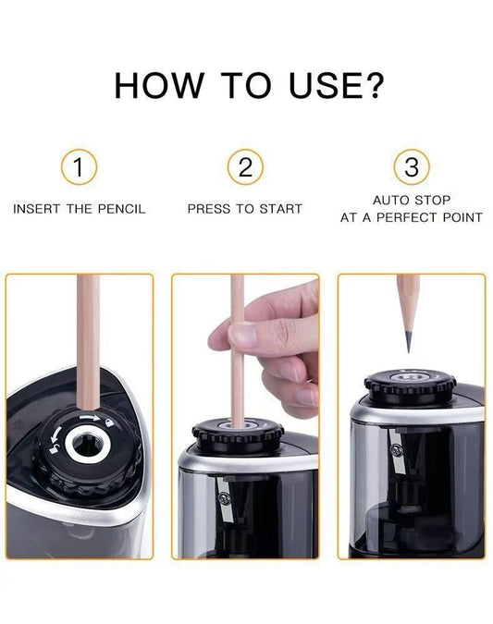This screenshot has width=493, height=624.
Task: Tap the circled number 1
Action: point(80,167)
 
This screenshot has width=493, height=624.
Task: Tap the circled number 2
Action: point(245,167)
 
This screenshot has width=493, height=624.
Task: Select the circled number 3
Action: point(412,167)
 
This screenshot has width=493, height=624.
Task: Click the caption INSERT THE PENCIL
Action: point(80,209)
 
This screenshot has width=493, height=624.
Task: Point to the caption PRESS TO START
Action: point(245,209)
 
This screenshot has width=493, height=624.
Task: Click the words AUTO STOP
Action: point(412,200)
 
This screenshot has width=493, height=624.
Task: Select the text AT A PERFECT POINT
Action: point(412,218)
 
